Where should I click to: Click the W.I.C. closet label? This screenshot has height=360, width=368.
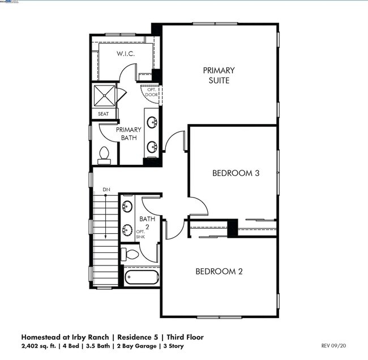[126, 54]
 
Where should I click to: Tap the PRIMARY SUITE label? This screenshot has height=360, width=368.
[219, 76]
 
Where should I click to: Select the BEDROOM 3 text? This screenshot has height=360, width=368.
[236, 173]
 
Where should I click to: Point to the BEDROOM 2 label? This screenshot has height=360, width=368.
[219, 271]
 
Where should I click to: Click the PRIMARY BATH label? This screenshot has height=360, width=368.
[129, 134]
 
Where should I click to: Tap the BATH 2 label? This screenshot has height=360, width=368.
[147, 222]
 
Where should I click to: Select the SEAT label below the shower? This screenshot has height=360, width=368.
[103, 114]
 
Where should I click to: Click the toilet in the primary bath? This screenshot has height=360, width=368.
[104, 153]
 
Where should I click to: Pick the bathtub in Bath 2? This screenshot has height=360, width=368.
[142, 278]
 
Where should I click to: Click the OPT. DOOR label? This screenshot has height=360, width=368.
[152, 92]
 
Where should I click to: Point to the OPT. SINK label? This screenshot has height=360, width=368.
[140, 234]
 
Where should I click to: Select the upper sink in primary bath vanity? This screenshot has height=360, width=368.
[152, 121]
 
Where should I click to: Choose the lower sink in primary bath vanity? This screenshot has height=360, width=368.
[152, 147]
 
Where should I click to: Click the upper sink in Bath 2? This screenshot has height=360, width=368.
[128, 206]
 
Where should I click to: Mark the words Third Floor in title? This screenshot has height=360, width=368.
[182, 337]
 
